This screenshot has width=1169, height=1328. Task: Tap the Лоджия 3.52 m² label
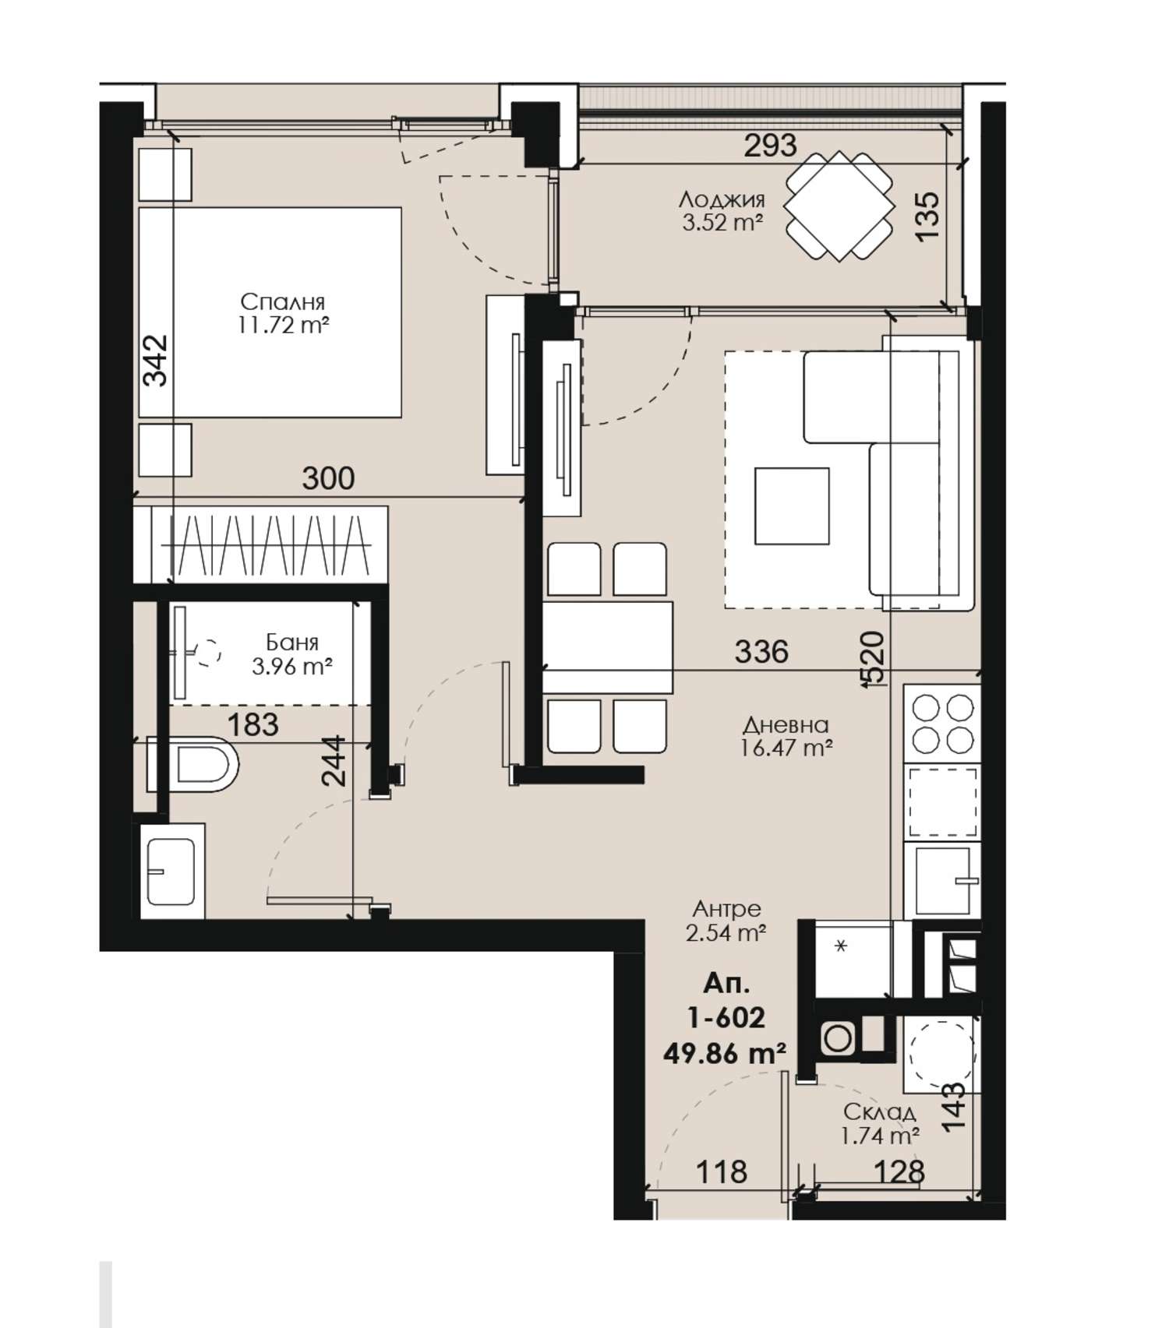pyautogui.click(x=722, y=211)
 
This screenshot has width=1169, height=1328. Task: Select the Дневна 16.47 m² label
pyautogui.click(x=785, y=737)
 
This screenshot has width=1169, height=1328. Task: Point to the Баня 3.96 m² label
pyautogui.click(x=292, y=654)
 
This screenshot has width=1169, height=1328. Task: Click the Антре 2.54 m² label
pyautogui.click(x=726, y=921)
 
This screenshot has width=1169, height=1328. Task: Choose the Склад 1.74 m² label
pyautogui.click(x=879, y=1124)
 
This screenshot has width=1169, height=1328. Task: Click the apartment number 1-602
pyautogui.click(x=725, y=1016)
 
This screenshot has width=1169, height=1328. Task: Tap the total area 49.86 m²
pyautogui.click(x=724, y=1053)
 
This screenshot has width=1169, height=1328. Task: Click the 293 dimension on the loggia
pyautogui.click(x=771, y=145)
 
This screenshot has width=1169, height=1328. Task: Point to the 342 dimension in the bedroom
pyautogui.click(x=156, y=360)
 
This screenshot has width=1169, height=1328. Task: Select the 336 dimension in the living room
pyautogui.click(x=761, y=651)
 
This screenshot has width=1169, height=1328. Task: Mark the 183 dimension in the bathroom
pyautogui.click(x=253, y=725)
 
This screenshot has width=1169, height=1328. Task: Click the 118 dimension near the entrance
pyautogui.click(x=722, y=1171)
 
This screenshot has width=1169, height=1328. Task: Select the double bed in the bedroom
pyautogui.click(x=270, y=312)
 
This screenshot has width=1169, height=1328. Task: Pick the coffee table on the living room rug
pyautogui.click(x=791, y=505)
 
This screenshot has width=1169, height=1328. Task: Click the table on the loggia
pyautogui.click(x=839, y=206)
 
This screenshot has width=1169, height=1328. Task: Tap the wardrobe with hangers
pyautogui.click(x=260, y=544)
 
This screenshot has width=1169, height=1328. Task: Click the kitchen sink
pyautogui.click(x=942, y=880)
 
